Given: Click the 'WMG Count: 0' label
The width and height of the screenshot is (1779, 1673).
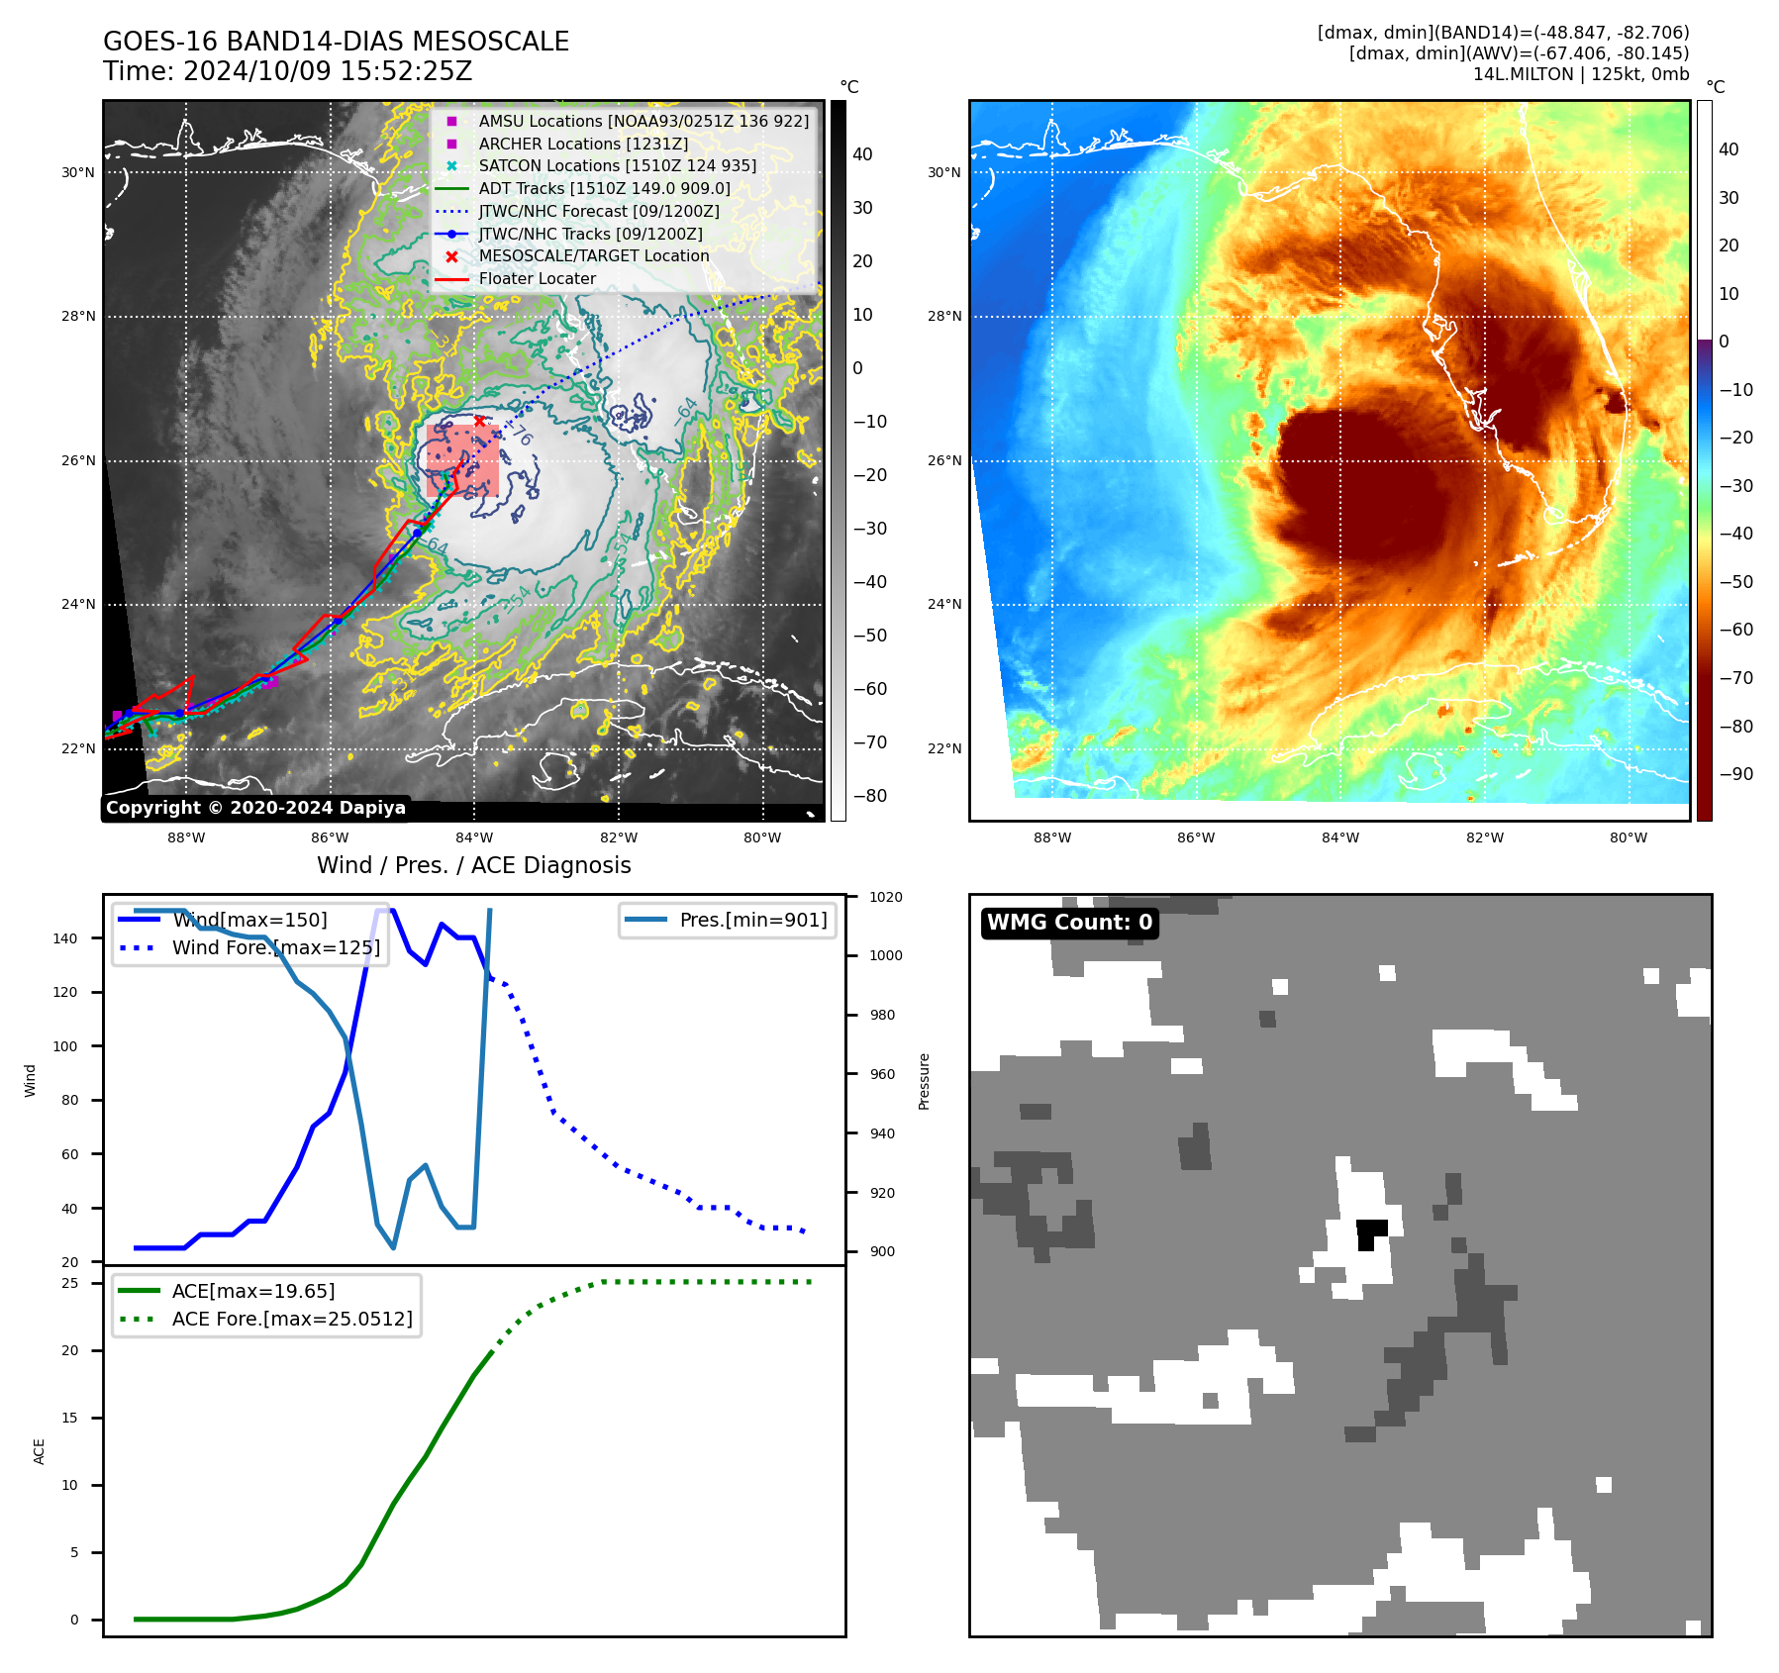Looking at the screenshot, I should (1069, 923).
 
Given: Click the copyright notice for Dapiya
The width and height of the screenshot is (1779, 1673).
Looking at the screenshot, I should (255, 808).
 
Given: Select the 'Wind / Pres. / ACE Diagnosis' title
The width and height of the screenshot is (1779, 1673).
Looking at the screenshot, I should (473, 865).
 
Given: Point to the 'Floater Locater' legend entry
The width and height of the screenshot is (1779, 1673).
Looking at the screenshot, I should (537, 278).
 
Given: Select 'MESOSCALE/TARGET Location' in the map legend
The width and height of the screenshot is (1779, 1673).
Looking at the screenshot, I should (594, 255).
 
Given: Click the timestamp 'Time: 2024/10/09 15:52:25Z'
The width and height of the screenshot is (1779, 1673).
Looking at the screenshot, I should (287, 71).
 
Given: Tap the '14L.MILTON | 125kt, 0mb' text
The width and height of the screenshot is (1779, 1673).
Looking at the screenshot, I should (1580, 74).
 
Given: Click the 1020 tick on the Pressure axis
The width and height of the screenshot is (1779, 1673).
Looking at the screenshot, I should (886, 897).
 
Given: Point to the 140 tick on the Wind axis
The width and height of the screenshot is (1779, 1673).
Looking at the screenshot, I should (65, 938).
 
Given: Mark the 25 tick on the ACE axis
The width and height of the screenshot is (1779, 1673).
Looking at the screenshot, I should (70, 1283).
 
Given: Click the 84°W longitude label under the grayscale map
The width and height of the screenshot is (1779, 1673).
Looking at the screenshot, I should (474, 837).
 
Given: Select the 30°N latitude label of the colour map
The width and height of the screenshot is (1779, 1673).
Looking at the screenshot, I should (943, 172).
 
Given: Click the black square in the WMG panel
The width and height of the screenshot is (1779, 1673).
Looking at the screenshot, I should (1370, 1231).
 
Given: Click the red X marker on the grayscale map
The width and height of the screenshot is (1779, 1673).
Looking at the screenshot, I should (480, 421).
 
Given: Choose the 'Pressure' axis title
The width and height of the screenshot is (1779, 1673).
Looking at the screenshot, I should (924, 1081).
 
